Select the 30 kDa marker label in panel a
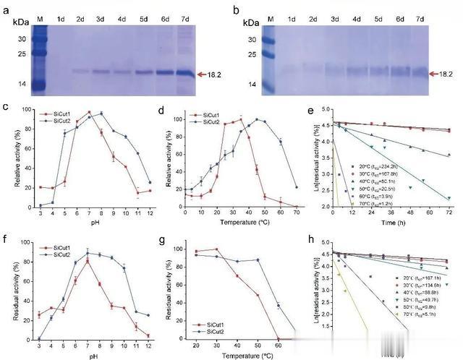click(x=21, y=38)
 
